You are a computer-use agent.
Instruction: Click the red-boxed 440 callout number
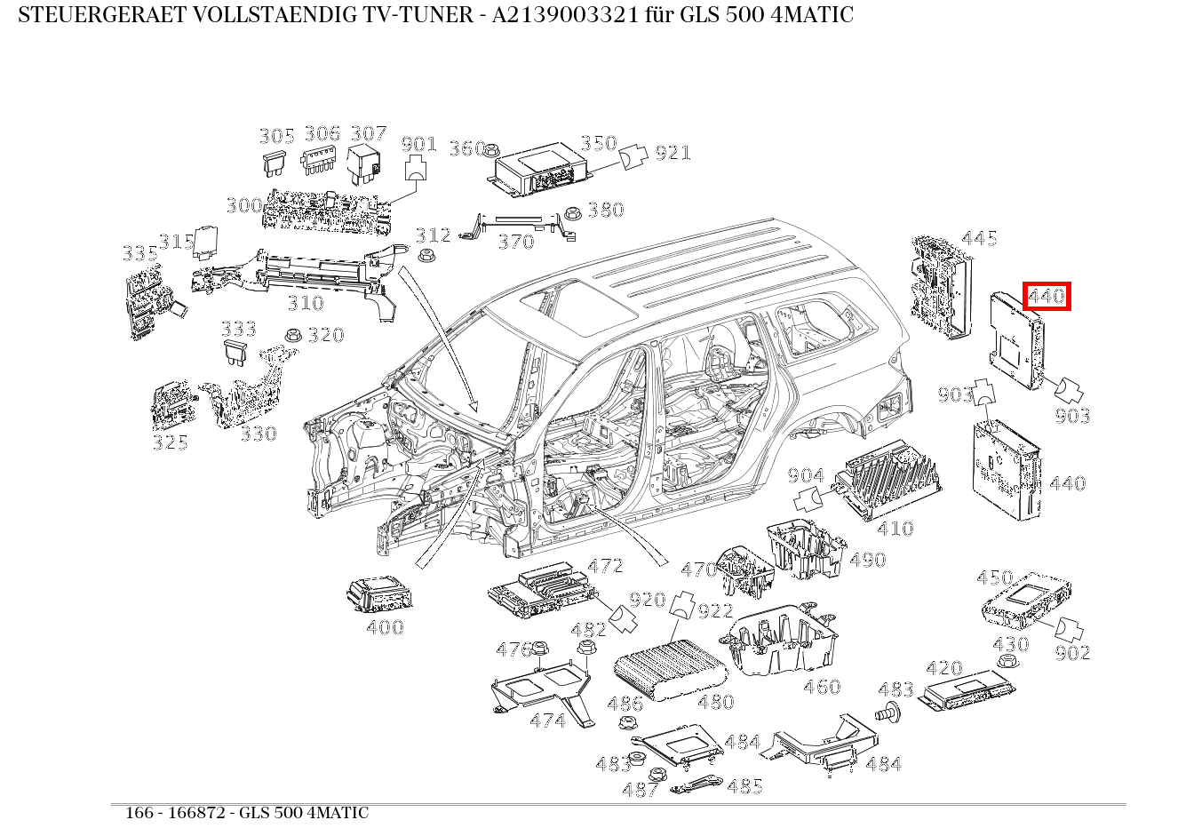pyautogui.click(x=1047, y=296)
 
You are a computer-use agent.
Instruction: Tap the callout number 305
pyautogui.click(x=276, y=136)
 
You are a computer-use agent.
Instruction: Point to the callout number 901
pyautogui.click(x=418, y=144)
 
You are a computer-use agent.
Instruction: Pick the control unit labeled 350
pyautogui.click(x=543, y=171)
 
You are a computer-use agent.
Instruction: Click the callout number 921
pyautogui.click(x=673, y=153)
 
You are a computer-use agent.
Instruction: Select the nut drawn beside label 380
pyautogui.click(x=573, y=212)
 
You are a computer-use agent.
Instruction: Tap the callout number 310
pyautogui.click(x=305, y=303)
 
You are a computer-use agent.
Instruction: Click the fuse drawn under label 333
pyautogui.click(x=237, y=352)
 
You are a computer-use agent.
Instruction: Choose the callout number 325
pyautogui.click(x=170, y=442)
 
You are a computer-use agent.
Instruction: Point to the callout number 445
pyautogui.click(x=979, y=238)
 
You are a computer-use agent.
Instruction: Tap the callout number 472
pyautogui.click(x=605, y=566)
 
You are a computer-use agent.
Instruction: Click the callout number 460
pyautogui.click(x=821, y=687)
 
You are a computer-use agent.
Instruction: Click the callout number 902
pyautogui.click(x=1072, y=653)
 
